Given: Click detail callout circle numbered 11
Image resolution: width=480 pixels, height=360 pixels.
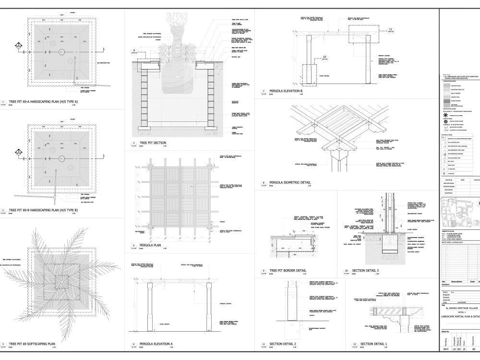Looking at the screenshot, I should [x=390, y=29].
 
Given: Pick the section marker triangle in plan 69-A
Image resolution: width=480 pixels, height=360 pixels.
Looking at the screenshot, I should [x=19, y=46].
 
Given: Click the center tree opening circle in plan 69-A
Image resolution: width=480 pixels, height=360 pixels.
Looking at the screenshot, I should [x=61, y=51].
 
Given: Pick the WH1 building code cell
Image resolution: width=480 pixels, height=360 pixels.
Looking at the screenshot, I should [x=445, y=355].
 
